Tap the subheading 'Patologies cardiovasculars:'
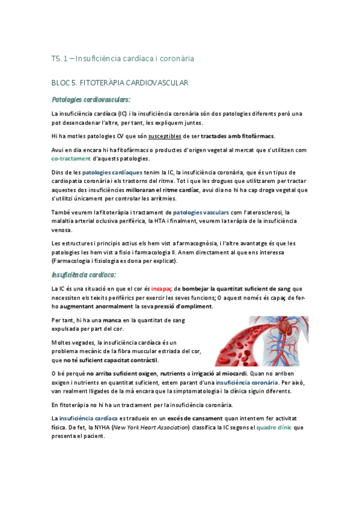(x=91, y=99)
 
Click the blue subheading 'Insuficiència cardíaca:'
(x=84, y=274)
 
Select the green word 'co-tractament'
(x=72, y=159)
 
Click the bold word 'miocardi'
(x=234, y=373)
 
